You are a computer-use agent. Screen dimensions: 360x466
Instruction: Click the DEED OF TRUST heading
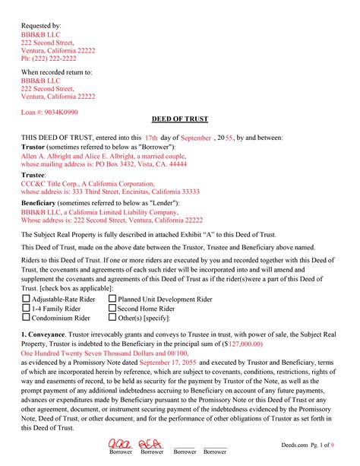[179, 120]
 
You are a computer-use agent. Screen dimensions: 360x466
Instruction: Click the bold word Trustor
[33, 146]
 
